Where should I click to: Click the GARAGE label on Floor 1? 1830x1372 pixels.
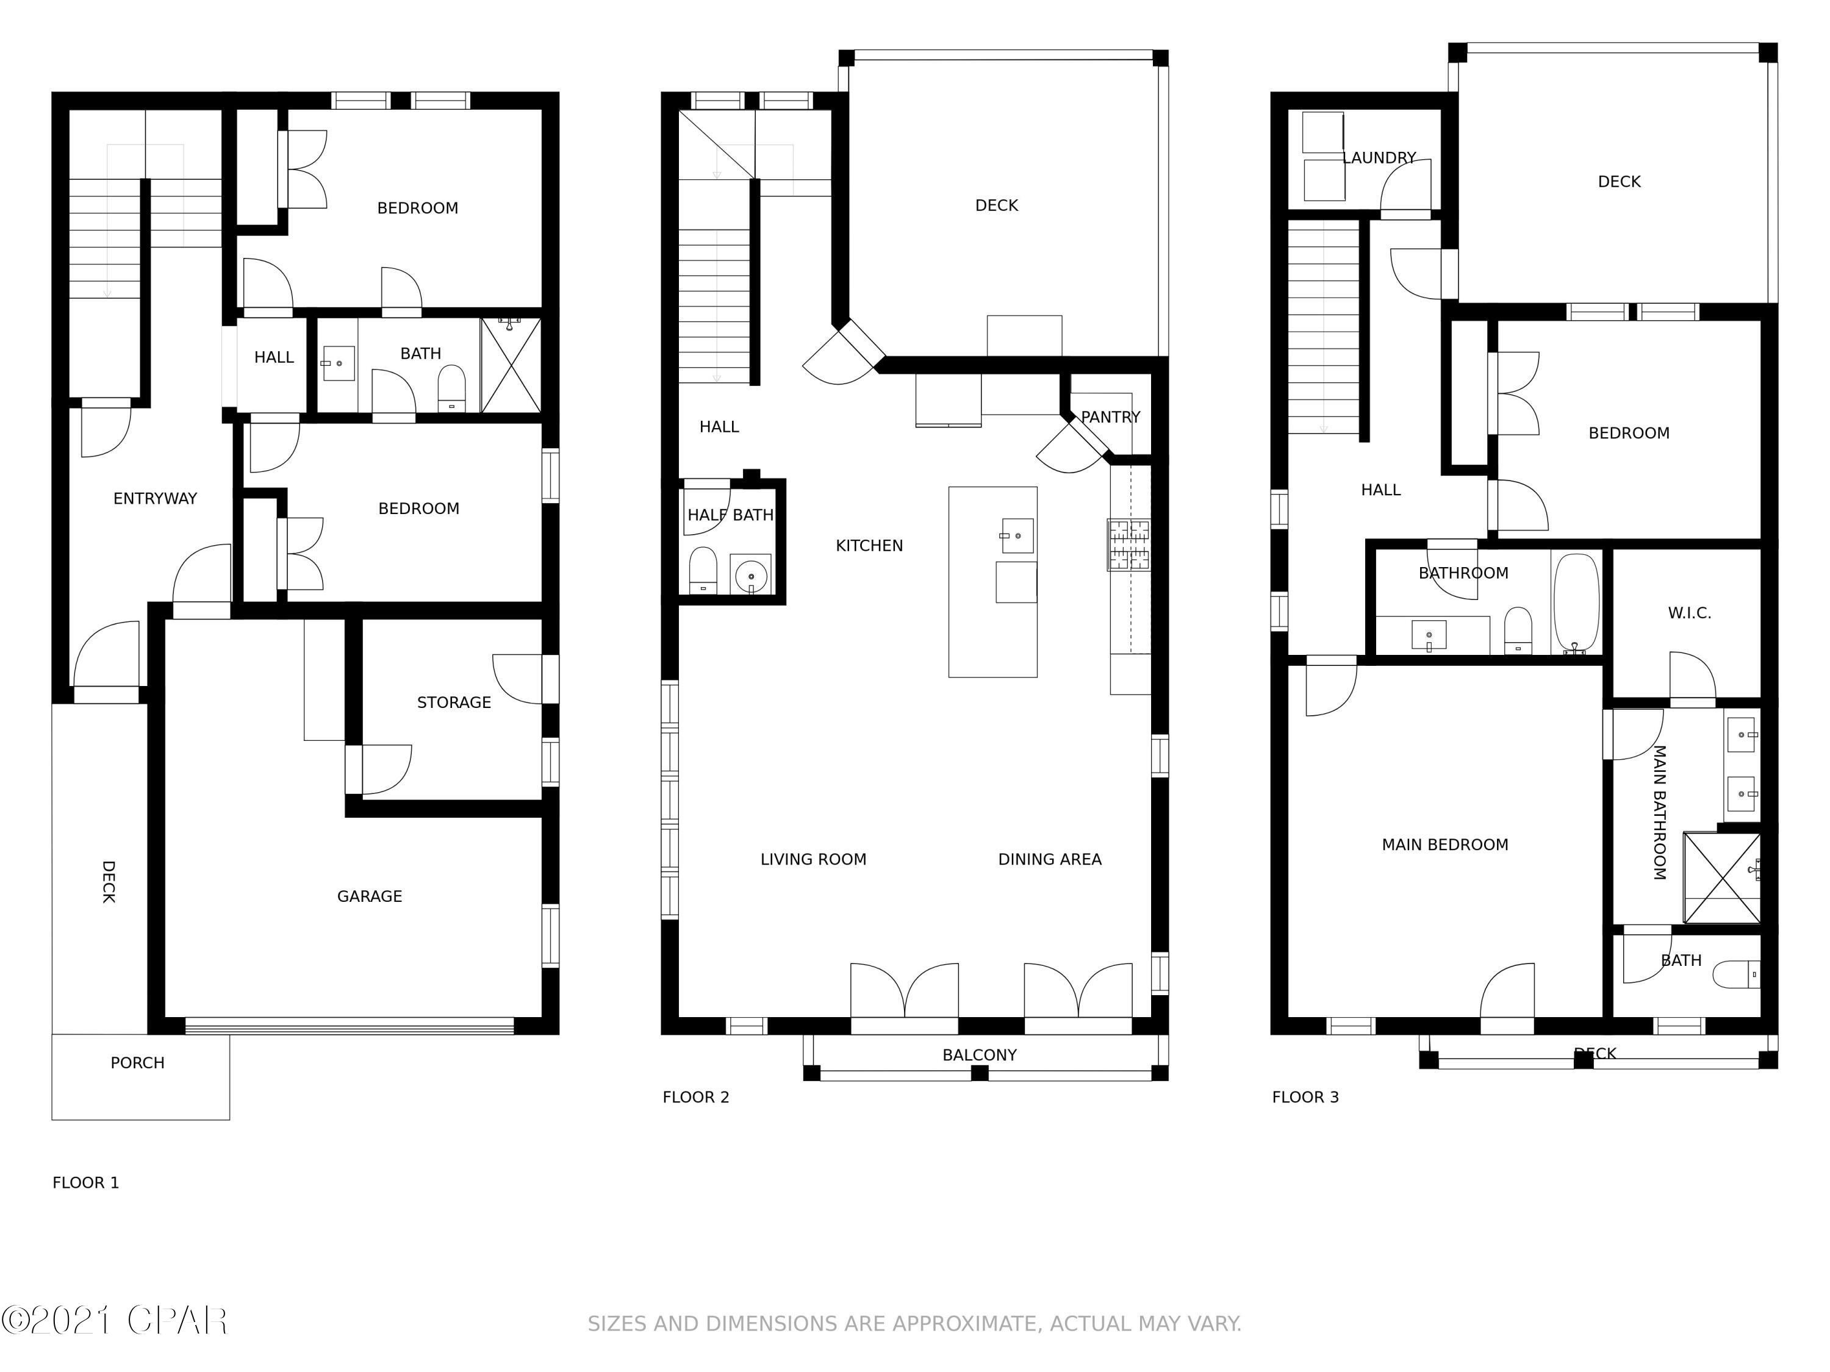369,896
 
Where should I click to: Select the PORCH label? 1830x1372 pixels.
137,1063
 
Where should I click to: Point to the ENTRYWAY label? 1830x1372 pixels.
155,499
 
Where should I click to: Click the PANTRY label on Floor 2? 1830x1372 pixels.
1110,417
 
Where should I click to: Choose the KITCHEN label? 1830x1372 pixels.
869,546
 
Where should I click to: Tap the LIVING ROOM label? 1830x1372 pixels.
813,859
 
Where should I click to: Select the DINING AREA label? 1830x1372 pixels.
1049,859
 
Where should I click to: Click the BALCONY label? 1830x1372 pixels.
980,1056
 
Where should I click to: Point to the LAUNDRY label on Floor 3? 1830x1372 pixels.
1379,158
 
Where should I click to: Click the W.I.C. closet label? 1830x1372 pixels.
1689,613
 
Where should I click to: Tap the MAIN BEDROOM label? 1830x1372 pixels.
1444,845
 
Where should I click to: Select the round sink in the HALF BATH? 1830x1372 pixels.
750,575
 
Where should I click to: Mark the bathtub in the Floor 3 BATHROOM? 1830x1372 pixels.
1576,603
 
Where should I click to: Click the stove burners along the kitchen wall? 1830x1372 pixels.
1129,545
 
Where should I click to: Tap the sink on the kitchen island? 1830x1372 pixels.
1017,536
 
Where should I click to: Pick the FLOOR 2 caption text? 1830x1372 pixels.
696,1098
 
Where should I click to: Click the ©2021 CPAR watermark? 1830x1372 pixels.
114,1321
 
